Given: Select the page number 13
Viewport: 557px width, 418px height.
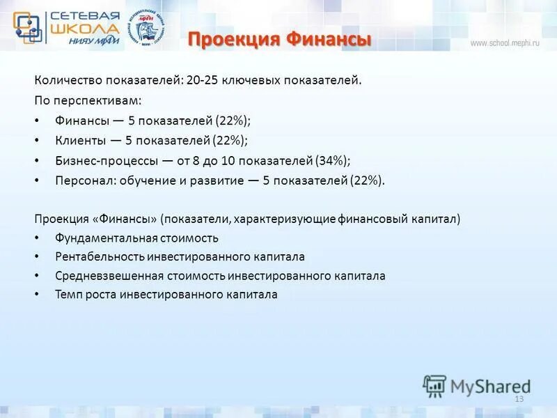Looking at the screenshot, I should [518, 398].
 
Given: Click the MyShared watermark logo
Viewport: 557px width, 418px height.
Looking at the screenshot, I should [477, 385].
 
